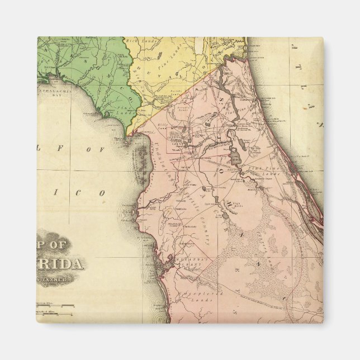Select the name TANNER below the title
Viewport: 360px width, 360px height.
point(60,278)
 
